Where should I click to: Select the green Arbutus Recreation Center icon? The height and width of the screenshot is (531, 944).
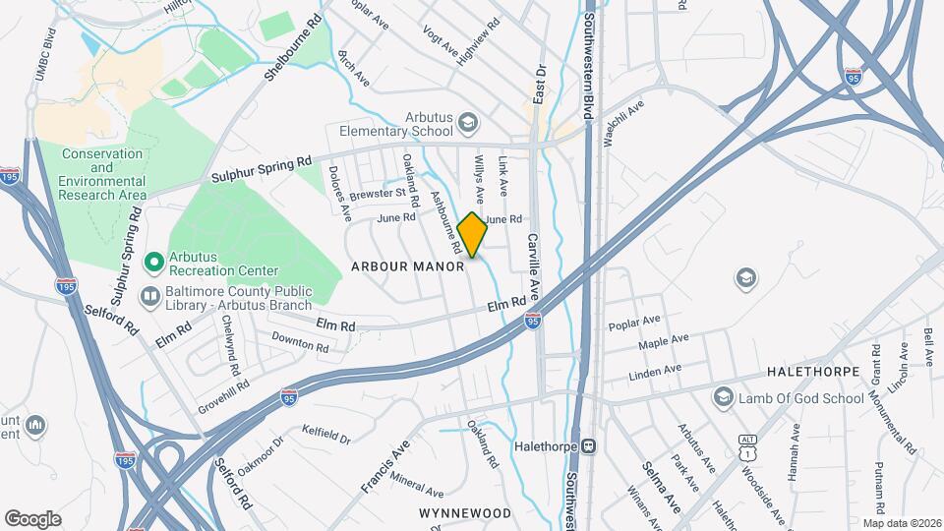[153, 262]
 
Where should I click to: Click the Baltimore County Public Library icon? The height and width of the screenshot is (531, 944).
[149, 295]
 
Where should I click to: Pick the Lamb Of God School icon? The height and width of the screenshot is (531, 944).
[724, 396]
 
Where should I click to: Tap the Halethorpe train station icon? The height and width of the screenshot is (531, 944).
[589, 445]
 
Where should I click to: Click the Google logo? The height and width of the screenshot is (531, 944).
[32, 518]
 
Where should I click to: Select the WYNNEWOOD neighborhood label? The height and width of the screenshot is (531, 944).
[465, 513]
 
